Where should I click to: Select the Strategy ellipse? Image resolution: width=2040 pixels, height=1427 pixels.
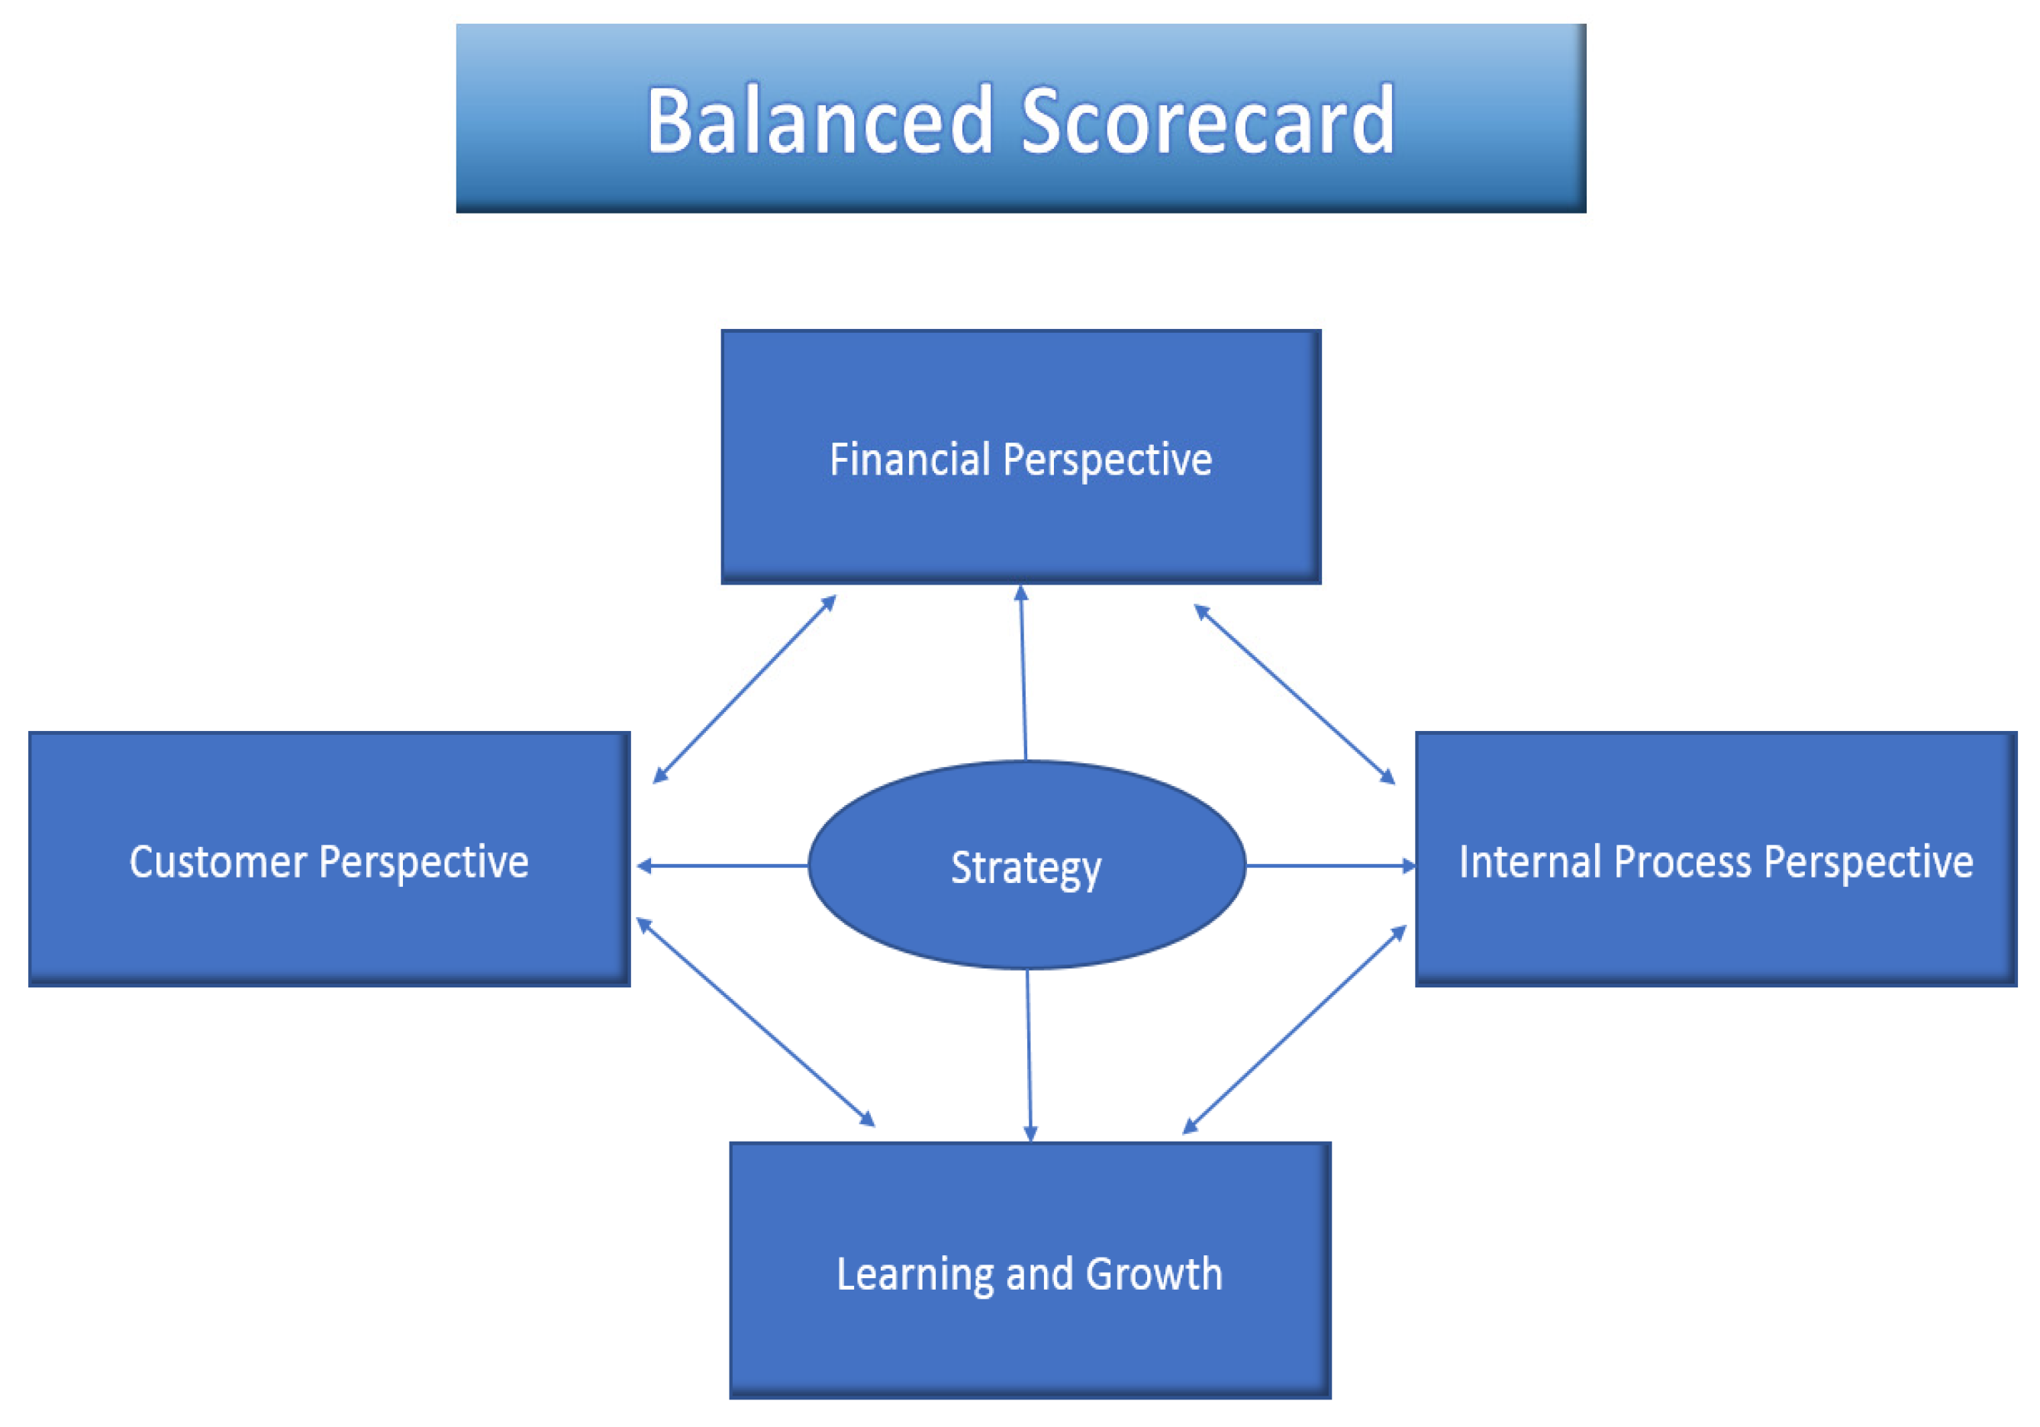(1026, 865)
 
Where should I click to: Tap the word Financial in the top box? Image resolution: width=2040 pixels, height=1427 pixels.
(910, 459)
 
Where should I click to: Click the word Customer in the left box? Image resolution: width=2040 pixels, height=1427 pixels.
(218, 862)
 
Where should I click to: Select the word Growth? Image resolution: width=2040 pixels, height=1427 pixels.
(1154, 1274)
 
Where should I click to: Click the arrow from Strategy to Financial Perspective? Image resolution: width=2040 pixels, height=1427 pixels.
(1023, 672)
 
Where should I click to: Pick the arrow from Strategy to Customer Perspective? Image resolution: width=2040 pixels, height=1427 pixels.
(722, 865)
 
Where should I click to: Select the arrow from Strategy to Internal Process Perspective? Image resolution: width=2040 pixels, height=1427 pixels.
(1331, 865)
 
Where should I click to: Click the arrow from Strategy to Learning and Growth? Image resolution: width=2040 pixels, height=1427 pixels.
(1029, 1055)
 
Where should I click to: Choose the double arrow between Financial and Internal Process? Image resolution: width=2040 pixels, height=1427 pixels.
(1294, 694)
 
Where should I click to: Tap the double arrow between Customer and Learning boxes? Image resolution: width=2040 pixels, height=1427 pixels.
(756, 1023)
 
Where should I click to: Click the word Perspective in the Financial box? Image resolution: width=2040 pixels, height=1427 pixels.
(1107, 461)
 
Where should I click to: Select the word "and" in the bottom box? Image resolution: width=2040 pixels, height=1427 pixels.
(1039, 1274)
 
